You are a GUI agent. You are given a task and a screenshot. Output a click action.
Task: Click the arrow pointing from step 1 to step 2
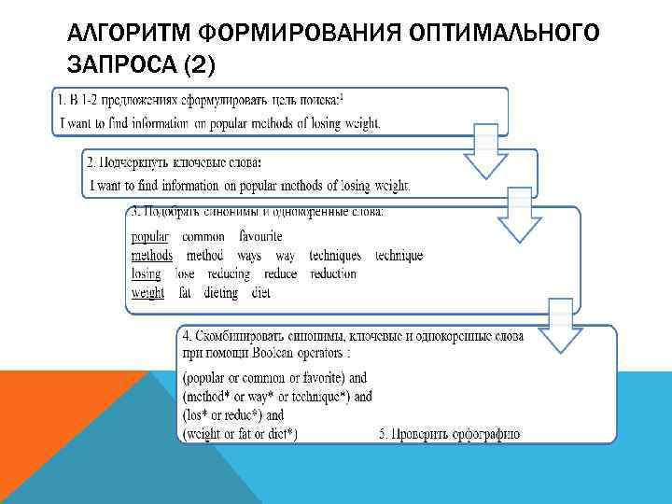pos(485,152)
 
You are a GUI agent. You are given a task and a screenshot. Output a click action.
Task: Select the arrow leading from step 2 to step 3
pos(519,217)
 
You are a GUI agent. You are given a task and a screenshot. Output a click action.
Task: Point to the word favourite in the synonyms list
pos(260,237)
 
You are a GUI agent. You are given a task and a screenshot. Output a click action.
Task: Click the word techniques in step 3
pos(334,256)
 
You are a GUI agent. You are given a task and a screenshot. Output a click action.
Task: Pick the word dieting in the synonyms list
pos(218,293)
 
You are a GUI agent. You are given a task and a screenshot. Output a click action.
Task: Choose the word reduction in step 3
pos(333,274)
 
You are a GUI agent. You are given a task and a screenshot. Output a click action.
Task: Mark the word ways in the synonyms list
pos(249,256)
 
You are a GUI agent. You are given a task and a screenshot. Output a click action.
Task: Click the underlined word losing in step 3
pos(146,274)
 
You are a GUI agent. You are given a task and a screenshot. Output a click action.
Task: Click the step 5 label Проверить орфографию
pos(449,434)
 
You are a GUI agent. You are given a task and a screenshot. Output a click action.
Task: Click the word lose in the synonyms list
pos(185,274)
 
